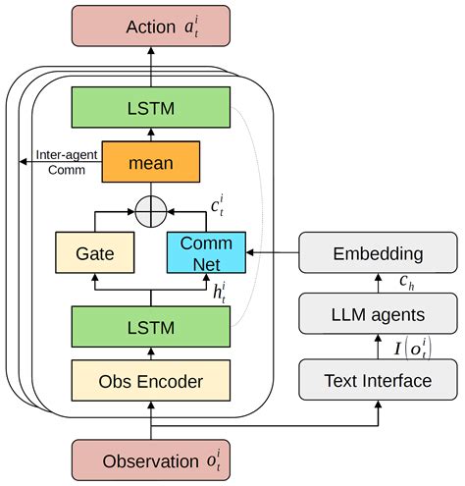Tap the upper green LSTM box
point(150,107)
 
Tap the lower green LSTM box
point(150,327)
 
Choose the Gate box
point(94,253)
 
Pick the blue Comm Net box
point(206,253)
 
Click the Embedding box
point(379,253)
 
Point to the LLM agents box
point(379,316)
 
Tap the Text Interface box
point(379,379)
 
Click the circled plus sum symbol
point(150,211)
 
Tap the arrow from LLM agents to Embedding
point(379,286)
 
